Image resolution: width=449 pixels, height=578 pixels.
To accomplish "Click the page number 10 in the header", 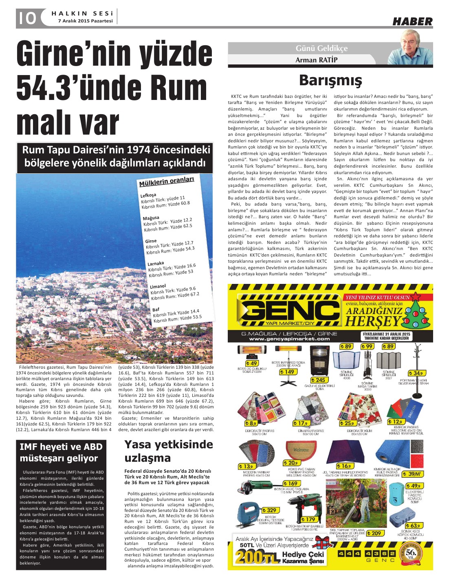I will point(26,18).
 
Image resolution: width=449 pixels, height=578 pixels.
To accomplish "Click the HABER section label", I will point(412,22).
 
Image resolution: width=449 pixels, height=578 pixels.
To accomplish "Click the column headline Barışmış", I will point(330,80).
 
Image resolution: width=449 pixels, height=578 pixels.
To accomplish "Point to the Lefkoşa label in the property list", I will point(148,195).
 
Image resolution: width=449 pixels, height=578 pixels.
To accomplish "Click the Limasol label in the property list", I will point(158,286).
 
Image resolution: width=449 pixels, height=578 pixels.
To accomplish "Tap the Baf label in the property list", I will point(156,310).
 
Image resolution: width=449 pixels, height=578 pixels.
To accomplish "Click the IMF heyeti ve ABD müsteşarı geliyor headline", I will point(61,452).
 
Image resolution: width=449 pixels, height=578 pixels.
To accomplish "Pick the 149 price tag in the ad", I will point(288,372).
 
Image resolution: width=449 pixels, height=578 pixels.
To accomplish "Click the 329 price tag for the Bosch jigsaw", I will point(270,510).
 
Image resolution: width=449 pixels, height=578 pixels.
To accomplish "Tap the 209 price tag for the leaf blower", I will point(375,533).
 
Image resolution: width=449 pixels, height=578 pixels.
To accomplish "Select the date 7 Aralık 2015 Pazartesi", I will point(85,21).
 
